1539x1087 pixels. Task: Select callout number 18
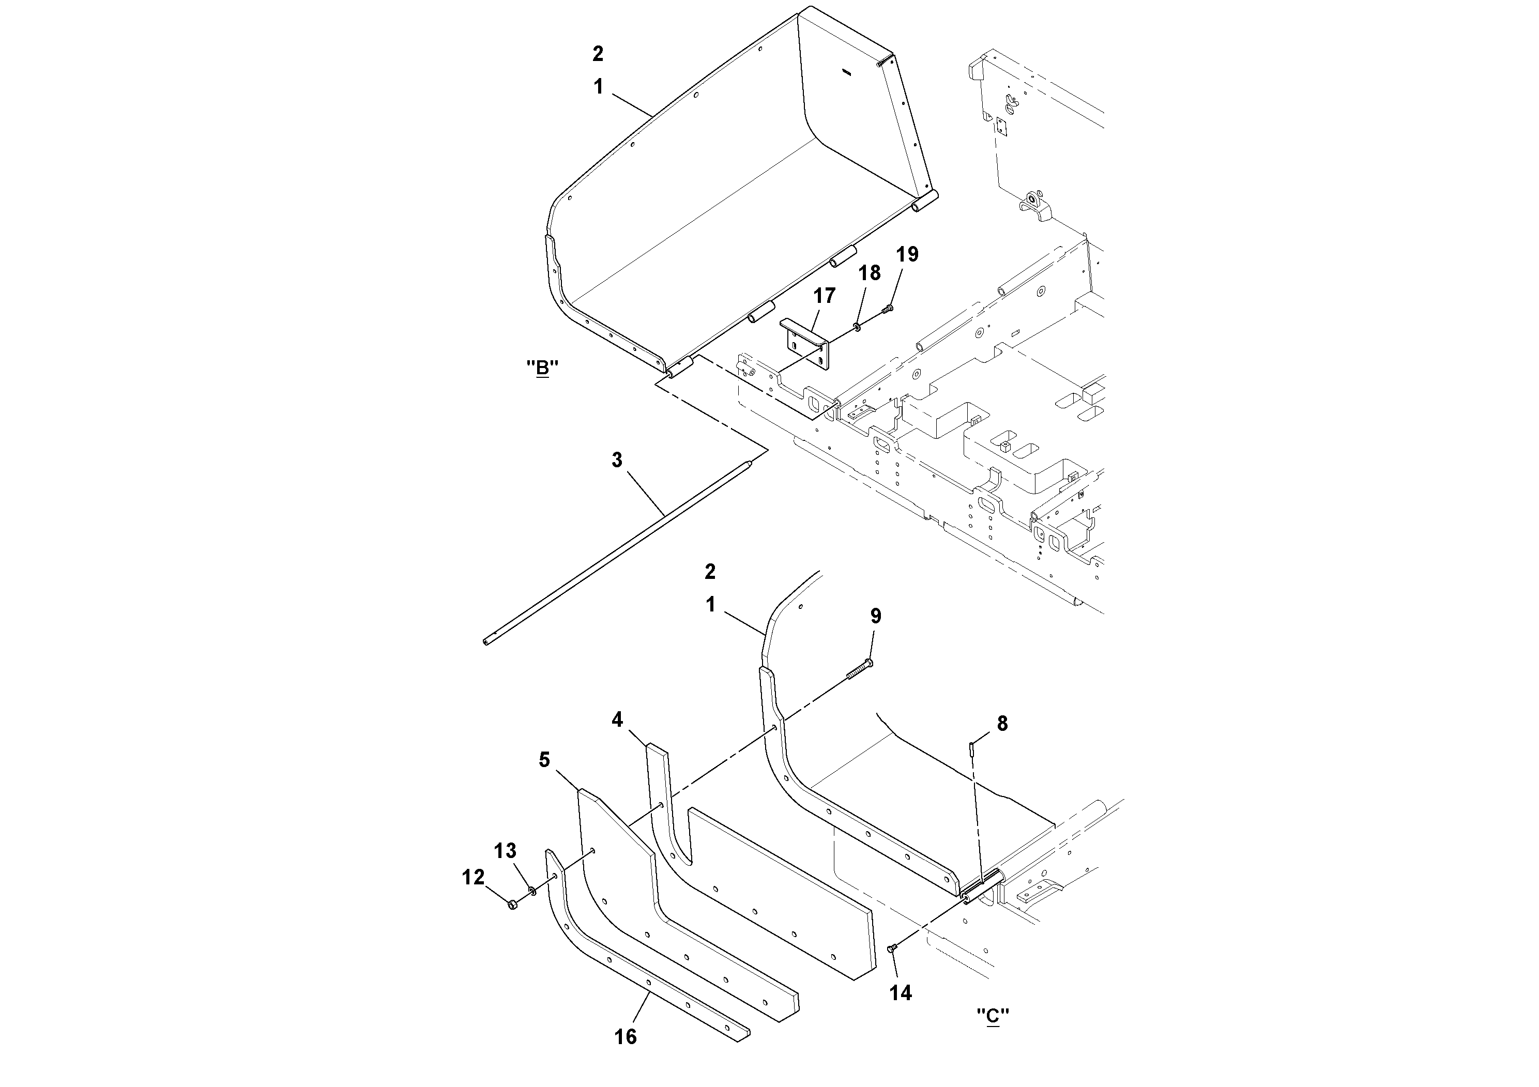pos(870,273)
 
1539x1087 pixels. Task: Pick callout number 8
pos(1002,724)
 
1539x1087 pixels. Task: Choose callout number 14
pos(901,992)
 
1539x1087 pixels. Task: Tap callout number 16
pos(626,1037)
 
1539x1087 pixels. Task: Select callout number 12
pos(473,877)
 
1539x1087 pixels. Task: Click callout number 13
pos(506,851)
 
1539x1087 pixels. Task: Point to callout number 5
pos(544,760)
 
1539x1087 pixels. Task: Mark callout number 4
pos(617,719)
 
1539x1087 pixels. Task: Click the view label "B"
pos(542,368)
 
